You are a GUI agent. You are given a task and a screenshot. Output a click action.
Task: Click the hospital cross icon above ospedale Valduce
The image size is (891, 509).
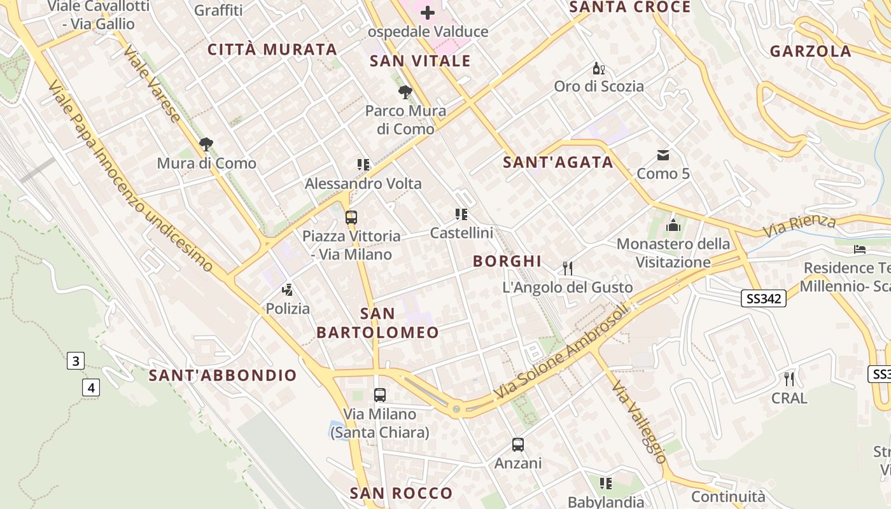[x=428, y=12]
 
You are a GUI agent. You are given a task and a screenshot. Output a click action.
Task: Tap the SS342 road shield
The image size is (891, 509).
[x=764, y=298]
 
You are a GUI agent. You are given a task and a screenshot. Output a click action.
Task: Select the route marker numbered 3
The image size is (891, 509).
[x=75, y=361]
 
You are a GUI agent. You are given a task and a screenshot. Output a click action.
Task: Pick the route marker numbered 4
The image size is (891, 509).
[x=91, y=387]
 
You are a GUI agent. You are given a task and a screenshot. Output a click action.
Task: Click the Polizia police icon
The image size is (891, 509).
[x=288, y=290]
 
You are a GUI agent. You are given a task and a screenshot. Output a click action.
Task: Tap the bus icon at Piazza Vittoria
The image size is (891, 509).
[x=351, y=218]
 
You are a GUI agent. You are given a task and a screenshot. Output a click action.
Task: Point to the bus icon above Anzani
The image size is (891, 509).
[x=518, y=444]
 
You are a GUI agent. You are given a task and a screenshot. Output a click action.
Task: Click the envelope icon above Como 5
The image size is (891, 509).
[x=663, y=155]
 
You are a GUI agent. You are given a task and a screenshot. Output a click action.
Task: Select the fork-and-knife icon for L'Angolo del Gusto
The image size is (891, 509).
[x=568, y=268]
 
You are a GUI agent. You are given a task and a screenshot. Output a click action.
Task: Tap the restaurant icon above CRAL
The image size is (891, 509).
[x=789, y=379]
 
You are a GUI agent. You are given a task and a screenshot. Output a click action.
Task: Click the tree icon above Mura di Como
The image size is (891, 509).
[x=206, y=144]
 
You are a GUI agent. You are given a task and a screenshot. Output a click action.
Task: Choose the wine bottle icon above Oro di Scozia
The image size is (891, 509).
[x=598, y=68]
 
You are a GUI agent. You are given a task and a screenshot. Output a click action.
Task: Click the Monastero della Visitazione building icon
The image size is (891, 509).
[x=673, y=225]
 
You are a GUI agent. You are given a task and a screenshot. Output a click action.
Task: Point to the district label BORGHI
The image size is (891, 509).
[x=507, y=261]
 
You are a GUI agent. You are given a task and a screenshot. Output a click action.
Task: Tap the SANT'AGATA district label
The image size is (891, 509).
[x=558, y=162]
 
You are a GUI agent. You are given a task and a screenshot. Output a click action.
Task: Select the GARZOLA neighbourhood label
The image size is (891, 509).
[x=810, y=51]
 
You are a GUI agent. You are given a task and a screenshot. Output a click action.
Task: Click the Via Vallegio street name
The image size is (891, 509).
[x=639, y=422]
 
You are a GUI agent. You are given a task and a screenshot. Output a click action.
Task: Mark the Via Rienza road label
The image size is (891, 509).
[x=799, y=226]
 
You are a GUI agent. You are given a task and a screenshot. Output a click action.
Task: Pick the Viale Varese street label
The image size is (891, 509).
[x=151, y=83]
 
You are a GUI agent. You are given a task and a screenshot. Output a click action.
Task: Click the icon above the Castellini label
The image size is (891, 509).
[x=461, y=214]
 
